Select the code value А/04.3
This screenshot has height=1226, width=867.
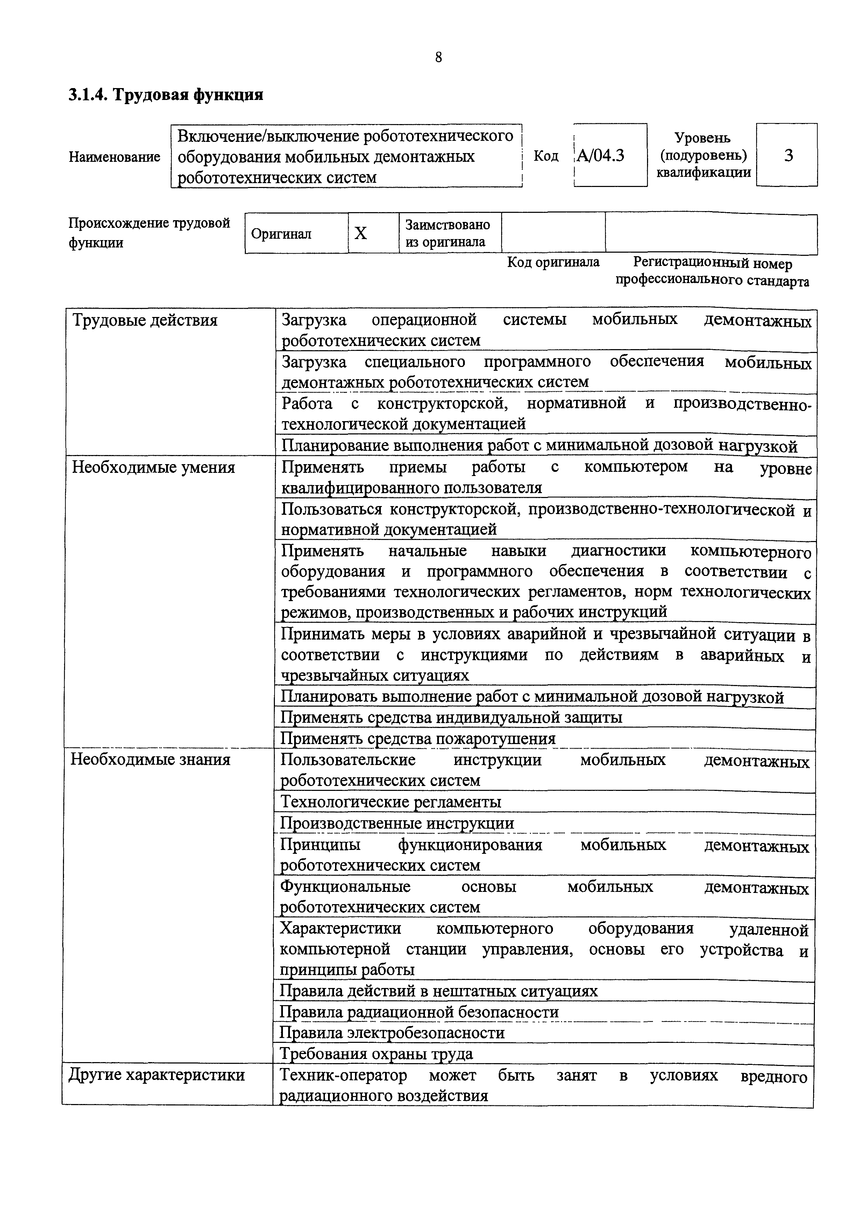click(x=601, y=156)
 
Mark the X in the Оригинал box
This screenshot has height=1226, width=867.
click(x=361, y=233)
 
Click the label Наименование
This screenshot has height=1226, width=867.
click(x=114, y=157)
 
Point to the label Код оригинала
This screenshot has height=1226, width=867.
click(x=553, y=262)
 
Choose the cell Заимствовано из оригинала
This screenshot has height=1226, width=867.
click(x=448, y=233)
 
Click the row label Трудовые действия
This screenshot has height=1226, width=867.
click(x=145, y=321)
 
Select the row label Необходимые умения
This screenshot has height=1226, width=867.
click(x=153, y=468)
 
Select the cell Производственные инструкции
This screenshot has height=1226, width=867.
click(x=397, y=823)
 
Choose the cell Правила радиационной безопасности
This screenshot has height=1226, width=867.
click(x=419, y=1012)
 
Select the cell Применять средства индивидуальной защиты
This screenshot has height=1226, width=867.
click(x=452, y=717)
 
